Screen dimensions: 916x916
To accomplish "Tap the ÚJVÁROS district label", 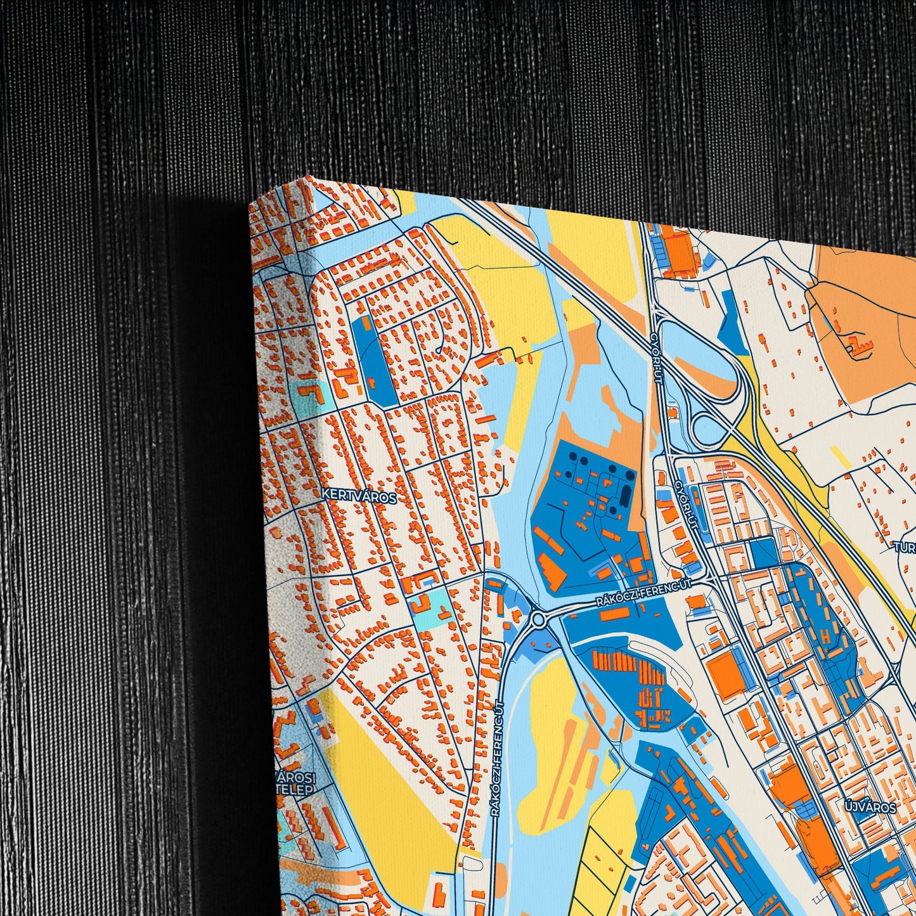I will [870, 808].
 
